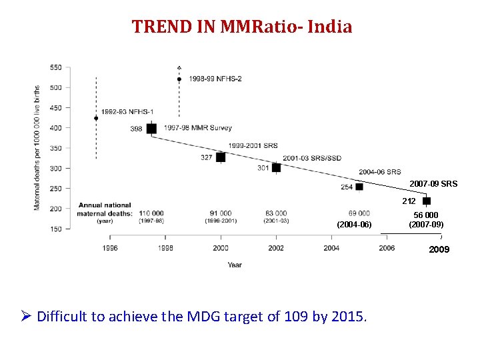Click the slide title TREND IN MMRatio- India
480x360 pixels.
[x=241, y=27]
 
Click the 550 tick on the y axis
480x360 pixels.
[x=56, y=68]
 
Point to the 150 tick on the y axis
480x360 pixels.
[x=56, y=229]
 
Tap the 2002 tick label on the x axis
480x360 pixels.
[x=276, y=247]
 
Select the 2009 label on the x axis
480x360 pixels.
[x=439, y=249]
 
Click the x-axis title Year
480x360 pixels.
[x=234, y=265]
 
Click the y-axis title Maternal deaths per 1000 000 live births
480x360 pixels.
[x=37, y=147]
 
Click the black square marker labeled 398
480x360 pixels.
[x=152, y=129]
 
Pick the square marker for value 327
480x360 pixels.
[x=221, y=157]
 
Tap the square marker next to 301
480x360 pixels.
[x=276, y=167]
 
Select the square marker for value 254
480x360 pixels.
[x=359, y=187]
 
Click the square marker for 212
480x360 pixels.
[x=427, y=201]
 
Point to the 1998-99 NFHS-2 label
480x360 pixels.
[x=215, y=79]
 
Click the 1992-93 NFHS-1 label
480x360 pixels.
[x=129, y=111]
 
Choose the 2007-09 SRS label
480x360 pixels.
[x=433, y=183]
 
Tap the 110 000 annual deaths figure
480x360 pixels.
[x=151, y=213]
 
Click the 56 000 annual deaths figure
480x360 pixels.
[x=426, y=215]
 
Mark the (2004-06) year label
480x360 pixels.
[x=354, y=225]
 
